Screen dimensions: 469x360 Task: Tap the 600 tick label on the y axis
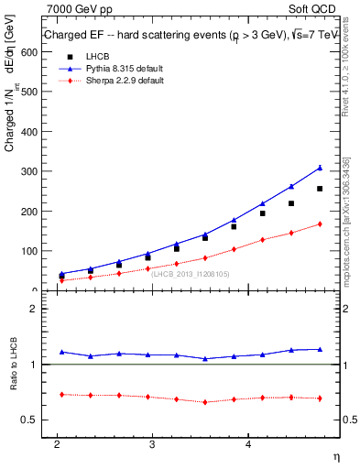(28, 52)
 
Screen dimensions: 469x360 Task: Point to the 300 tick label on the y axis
(28, 171)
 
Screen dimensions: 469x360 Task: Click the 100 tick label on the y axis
(28, 251)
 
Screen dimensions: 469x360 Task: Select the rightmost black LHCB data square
(320, 189)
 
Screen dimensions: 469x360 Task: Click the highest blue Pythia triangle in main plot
(320, 168)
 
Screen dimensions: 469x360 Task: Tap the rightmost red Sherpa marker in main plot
(320, 224)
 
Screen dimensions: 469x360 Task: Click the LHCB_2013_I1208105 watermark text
(191, 274)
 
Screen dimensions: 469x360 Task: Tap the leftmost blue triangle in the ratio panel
(61, 352)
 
